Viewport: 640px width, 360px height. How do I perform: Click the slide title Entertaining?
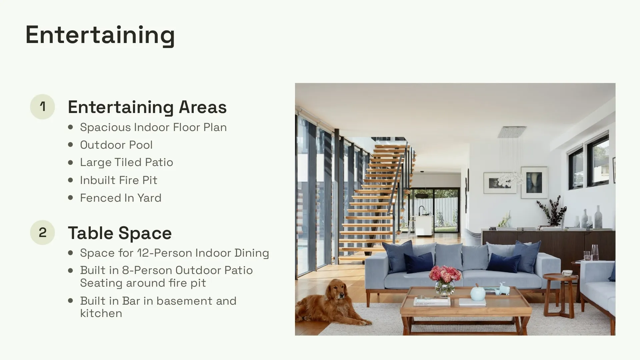(100, 35)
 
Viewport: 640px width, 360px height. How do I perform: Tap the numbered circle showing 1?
(42, 107)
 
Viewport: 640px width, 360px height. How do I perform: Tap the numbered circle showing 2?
(42, 232)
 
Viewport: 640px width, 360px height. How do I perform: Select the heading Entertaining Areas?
(147, 107)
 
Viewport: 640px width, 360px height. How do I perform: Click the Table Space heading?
(120, 233)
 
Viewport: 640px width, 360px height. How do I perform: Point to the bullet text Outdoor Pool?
(116, 145)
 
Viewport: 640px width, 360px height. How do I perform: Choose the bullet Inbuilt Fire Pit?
(118, 180)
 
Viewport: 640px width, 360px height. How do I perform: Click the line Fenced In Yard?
(120, 198)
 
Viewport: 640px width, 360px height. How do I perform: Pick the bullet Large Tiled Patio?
(126, 162)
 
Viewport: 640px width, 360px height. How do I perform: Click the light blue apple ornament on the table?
(478, 293)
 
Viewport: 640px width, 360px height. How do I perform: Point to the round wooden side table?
(560, 278)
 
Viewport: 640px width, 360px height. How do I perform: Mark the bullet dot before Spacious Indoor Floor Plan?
(70, 127)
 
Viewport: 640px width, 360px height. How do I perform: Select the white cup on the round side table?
(567, 273)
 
